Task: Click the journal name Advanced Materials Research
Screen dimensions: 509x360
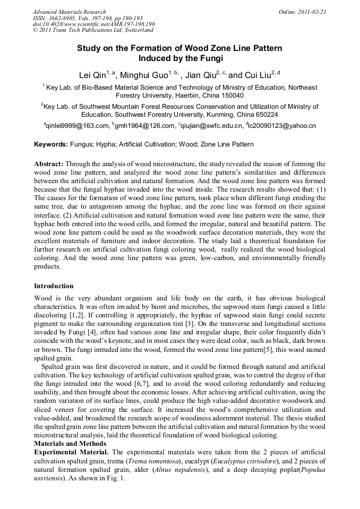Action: (69, 12)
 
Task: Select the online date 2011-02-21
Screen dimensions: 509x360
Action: (313, 12)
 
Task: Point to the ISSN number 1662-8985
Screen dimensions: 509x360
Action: (66, 18)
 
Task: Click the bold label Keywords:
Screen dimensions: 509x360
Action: (51, 144)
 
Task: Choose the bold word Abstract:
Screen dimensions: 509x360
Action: (49, 165)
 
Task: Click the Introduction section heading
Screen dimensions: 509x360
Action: (54, 286)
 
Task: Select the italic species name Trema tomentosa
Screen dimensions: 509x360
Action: (154, 461)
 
